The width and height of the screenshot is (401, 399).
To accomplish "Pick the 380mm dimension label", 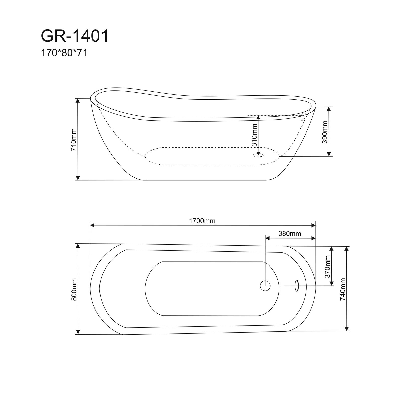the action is (x=290, y=234).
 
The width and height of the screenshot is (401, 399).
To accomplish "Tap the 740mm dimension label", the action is (x=343, y=289).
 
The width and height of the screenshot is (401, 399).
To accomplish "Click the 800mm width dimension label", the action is (x=74, y=289).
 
